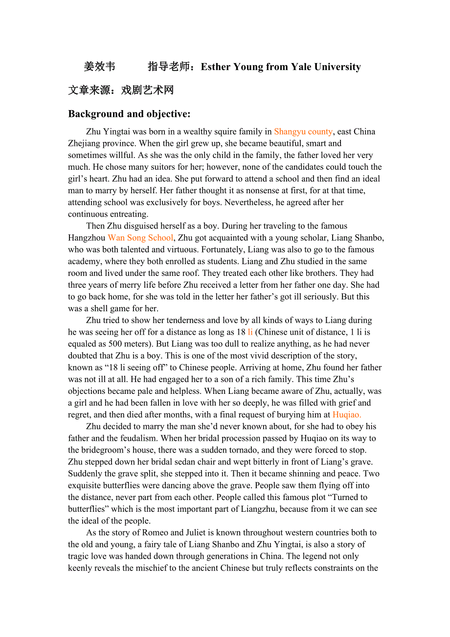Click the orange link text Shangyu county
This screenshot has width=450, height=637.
click(303, 132)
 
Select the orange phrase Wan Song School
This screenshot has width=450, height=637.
click(140, 238)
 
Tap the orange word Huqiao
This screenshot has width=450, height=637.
click(347, 415)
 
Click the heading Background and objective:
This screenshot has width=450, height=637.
click(129, 114)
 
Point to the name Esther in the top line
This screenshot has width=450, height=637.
click(216, 67)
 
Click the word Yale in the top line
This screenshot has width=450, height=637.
click(301, 67)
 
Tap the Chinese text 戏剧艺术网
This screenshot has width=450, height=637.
click(147, 91)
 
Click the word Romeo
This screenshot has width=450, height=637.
click(157, 533)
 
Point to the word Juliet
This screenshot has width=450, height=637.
click(199, 533)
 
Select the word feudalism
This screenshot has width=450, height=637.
click(135, 438)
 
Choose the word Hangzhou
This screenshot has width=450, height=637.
click(87, 238)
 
